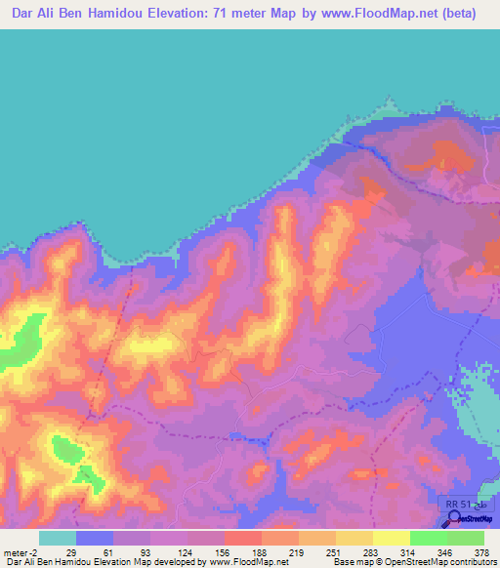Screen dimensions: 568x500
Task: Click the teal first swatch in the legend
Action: pos(58,538)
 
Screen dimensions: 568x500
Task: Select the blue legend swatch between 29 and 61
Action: pos(95,538)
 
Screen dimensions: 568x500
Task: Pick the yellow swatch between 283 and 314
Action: pos(392,538)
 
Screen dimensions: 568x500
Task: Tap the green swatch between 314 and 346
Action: pos(429,538)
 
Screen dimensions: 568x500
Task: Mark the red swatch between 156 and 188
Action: pos(243,538)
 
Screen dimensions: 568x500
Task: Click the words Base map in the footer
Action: pos(348,562)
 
